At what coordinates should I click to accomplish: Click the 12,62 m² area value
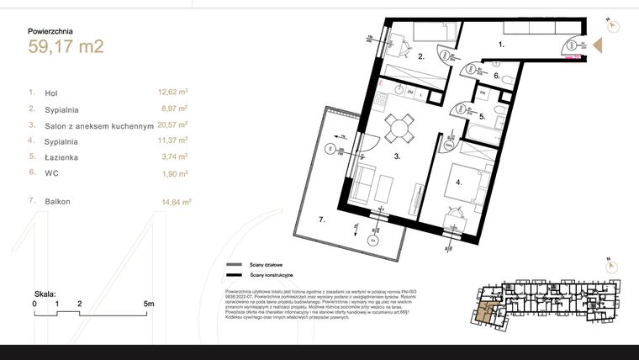(173, 93)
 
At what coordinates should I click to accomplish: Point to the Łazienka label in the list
(64, 156)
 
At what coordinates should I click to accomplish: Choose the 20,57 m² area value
(173, 124)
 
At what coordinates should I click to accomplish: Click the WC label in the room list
(51, 172)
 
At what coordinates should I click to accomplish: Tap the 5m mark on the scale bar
(148, 303)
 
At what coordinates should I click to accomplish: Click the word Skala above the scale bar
(45, 294)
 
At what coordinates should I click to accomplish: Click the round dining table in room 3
(399, 128)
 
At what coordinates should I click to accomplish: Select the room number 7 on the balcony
(322, 221)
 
